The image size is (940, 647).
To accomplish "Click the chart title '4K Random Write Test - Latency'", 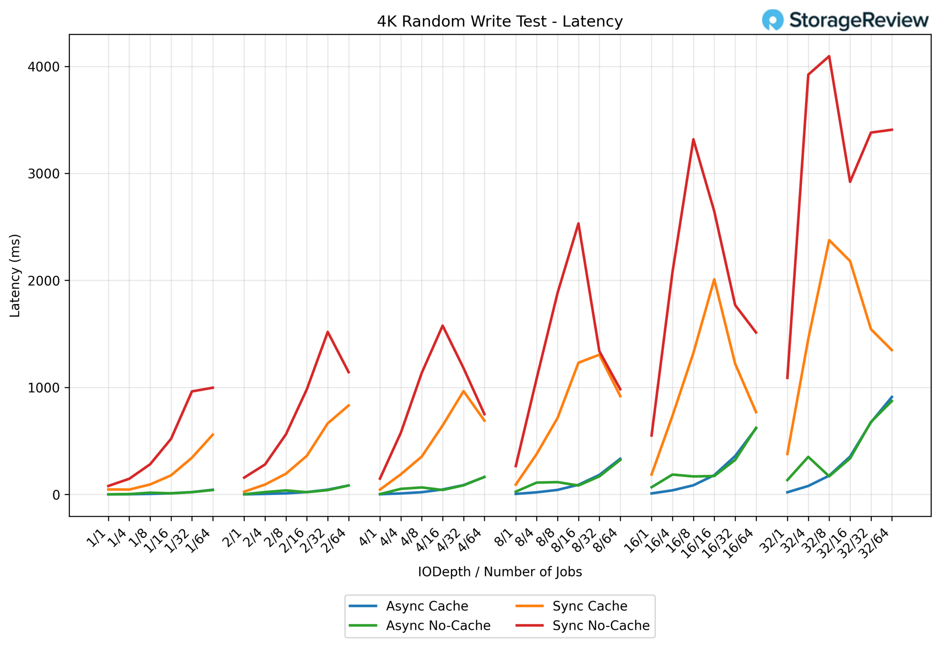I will [499, 22].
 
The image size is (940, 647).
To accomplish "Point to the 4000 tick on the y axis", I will [43, 67].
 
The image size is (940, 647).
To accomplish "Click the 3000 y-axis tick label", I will [43, 174].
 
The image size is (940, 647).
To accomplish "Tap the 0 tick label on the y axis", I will [56, 495].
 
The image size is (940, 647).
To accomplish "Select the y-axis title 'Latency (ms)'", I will [15, 276].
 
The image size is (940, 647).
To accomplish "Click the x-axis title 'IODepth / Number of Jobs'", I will [499, 572].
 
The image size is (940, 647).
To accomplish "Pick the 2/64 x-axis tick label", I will [333, 541].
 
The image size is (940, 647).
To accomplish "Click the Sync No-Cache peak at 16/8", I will [693, 140].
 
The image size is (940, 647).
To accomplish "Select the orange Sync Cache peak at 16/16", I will [714, 279].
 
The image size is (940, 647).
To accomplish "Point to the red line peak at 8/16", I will [578, 223].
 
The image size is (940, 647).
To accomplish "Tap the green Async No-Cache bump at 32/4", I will [808, 457].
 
